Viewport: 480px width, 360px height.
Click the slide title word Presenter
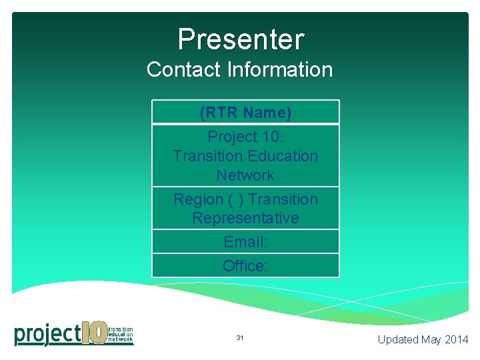pos(240,39)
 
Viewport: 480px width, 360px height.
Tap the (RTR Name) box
pos(245,113)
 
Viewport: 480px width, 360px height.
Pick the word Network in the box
pos(245,175)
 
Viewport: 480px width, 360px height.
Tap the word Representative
pos(245,218)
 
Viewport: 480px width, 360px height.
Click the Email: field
pos(245,242)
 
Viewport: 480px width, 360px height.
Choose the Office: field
pos(245,266)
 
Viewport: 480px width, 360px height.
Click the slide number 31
pos(240,338)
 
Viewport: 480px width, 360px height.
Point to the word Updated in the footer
pos(398,339)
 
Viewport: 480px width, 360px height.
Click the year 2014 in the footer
pos(457,339)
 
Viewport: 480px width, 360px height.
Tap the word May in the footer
pos(431,339)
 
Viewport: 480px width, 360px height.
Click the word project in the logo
pos(47,333)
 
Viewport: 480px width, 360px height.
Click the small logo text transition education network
pos(120,334)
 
